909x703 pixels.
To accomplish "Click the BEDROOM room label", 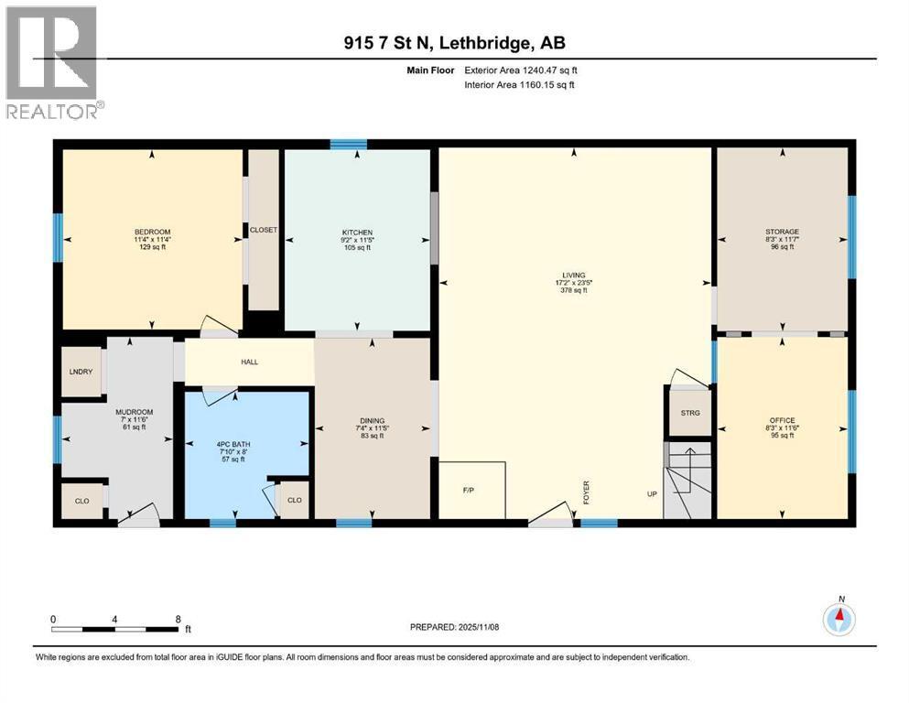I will pos(152,232).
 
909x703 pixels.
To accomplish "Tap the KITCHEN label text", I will pos(356,233).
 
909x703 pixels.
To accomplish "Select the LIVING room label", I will pos(573,274).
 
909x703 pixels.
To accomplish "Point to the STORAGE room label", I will pos(783,232).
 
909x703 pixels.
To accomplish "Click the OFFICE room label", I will pos(782,420).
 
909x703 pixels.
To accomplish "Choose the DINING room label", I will pos(372,421).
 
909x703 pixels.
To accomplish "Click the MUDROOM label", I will pos(131,412).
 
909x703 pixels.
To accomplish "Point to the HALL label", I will pos(249,362).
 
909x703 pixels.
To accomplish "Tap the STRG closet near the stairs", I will pos(689,413).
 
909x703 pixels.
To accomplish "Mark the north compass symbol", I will pos(839,620).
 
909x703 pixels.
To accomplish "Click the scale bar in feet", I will pos(115,628).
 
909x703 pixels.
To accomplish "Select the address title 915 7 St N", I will pos(448,44).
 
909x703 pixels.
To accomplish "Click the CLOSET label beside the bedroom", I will pos(264,231).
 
